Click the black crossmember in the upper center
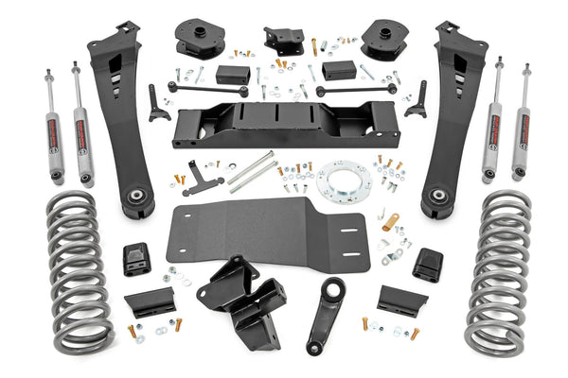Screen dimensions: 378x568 285,122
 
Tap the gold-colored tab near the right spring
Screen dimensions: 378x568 391,223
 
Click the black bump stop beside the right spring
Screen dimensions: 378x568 428,265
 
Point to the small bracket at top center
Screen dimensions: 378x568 283,39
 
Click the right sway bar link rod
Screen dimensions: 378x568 355,89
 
